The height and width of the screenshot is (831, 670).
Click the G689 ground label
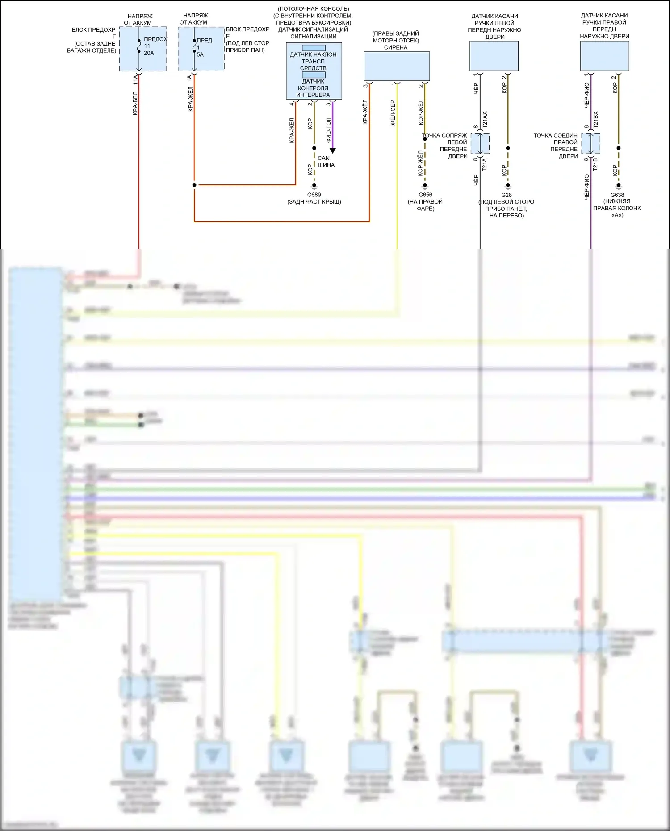click(x=314, y=195)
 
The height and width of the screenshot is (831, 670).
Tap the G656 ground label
click(x=425, y=195)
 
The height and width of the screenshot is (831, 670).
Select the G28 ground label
click(x=507, y=195)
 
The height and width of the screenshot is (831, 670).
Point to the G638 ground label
click(x=617, y=195)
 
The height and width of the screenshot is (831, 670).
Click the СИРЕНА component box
click(x=397, y=66)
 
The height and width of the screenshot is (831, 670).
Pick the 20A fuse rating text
click(x=149, y=53)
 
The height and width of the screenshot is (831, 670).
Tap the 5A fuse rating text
click(x=200, y=54)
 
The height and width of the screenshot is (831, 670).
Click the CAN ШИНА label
click(x=326, y=162)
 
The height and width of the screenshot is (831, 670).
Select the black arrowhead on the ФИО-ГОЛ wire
click(x=333, y=150)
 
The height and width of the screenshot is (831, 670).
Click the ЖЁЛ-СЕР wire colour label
click(x=393, y=113)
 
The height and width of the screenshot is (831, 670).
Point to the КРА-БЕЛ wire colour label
click(x=135, y=104)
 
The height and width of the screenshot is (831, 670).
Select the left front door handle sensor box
click(x=494, y=56)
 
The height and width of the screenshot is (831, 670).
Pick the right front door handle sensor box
click(x=604, y=56)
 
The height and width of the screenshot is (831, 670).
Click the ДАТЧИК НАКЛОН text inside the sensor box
click(x=313, y=54)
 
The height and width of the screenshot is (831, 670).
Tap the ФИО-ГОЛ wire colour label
click(x=328, y=130)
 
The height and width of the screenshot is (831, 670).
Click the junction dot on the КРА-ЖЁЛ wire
click(x=194, y=185)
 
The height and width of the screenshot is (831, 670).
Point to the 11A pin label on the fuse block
click(x=135, y=79)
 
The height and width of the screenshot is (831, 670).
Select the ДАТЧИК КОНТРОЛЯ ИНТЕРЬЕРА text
click(x=313, y=88)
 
